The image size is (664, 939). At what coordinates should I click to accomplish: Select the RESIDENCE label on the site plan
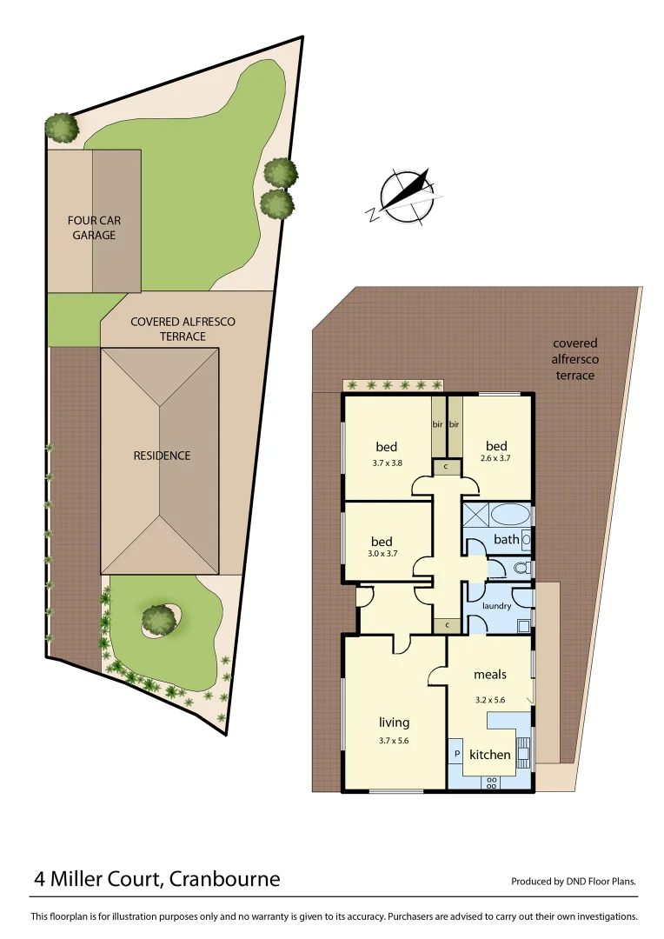click(162, 455)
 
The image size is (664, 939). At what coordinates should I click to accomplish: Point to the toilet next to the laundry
click(521, 569)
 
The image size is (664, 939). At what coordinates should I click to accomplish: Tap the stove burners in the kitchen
click(491, 782)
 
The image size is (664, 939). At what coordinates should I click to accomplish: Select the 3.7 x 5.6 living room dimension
click(394, 741)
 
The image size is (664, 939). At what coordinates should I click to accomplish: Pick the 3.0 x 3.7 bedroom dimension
click(382, 553)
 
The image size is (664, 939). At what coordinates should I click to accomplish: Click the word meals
click(490, 674)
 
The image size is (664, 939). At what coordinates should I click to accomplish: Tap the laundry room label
click(497, 605)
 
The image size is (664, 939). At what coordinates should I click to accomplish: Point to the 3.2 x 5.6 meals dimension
click(490, 697)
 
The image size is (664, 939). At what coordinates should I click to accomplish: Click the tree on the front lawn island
click(158, 619)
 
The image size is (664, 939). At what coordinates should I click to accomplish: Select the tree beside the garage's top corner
click(62, 127)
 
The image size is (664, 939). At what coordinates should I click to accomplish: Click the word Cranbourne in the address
click(225, 878)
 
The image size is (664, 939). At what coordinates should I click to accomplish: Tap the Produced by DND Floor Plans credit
click(574, 881)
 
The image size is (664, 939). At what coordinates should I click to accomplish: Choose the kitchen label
click(490, 754)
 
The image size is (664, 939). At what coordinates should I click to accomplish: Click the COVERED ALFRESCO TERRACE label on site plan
click(183, 329)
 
